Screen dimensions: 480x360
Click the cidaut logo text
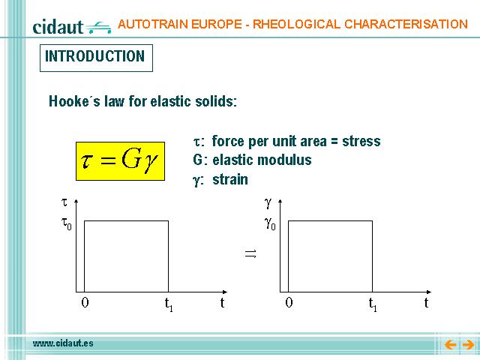(58, 27)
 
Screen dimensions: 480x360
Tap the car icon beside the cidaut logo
(98, 27)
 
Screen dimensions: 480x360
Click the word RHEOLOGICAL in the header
(296, 24)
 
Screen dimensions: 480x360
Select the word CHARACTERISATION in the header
(406, 24)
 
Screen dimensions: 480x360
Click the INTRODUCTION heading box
(96, 58)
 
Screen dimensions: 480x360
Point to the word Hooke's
(74, 101)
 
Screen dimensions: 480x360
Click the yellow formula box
(120, 161)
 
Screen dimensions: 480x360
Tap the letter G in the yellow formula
(132, 159)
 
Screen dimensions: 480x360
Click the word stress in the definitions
(361, 142)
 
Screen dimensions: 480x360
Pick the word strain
(230, 180)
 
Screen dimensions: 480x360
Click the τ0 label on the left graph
(67, 223)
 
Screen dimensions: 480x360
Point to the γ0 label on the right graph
(270, 223)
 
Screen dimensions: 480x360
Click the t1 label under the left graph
(169, 304)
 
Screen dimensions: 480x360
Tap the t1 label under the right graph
(373, 304)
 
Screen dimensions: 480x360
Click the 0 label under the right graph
(289, 302)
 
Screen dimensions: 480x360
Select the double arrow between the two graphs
(250, 253)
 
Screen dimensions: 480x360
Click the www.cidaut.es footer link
(63, 343)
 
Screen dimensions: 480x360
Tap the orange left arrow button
(450, 345)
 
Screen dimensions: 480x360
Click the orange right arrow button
(468, 345)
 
